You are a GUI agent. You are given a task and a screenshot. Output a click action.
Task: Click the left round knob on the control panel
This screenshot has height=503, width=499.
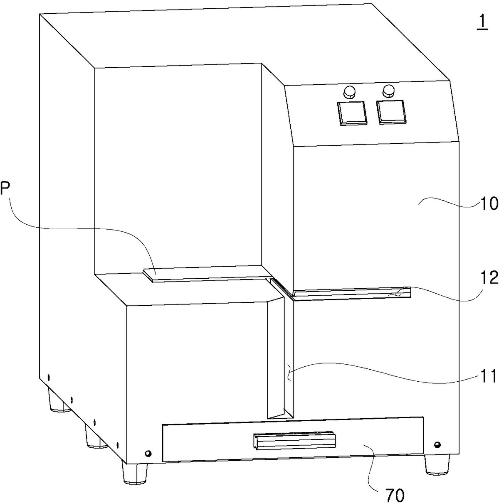click(349, 92)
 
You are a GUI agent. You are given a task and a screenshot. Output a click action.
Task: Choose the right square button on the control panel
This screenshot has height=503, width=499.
click(391, 111)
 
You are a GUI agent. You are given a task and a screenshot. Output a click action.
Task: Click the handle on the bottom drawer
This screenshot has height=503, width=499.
click(294, 441)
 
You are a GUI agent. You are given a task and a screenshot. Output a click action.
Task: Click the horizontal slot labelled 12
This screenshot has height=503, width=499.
click(351, 293)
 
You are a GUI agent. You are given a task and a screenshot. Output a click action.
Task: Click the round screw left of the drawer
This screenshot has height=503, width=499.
click(148, 453)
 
